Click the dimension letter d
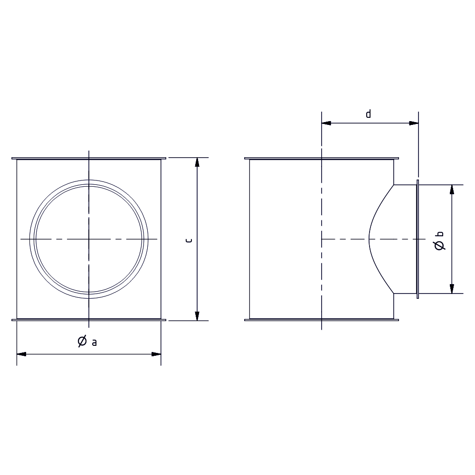click(369, 114)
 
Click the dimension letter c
click(189, 240)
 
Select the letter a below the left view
click(94, 342)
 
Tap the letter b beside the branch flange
click(440, 234)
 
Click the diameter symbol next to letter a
click(82, 341)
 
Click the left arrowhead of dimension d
click(326, 123)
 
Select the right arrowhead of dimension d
click(414, 123)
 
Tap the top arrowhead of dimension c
click(197, 162)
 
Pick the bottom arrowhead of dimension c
click(197, 316)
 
